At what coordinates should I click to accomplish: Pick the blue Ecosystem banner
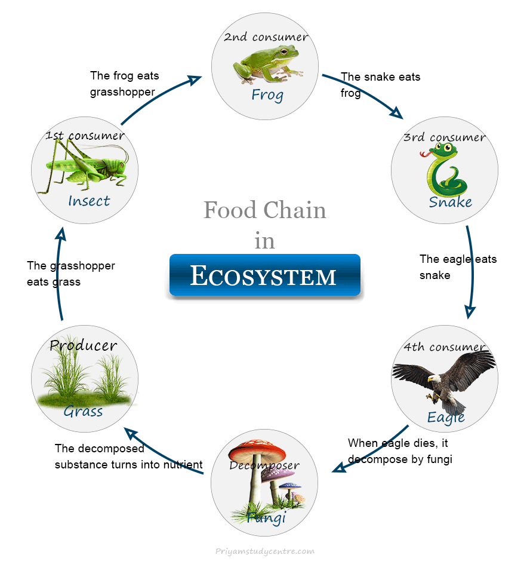point(264,275)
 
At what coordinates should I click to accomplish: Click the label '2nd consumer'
point(266,37)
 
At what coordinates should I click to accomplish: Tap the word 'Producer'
point(84,345)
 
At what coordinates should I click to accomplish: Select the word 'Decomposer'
point(264,465)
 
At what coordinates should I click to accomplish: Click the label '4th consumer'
point(445,347)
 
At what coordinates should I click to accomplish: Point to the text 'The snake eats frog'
point(380,85)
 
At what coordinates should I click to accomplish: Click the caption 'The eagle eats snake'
point(458,267)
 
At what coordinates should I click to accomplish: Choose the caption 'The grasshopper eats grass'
point(70,274)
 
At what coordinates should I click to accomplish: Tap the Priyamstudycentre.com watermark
point(264,551)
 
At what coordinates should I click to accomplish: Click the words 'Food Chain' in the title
point(264,210)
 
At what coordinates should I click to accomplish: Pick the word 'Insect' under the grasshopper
point(89,201)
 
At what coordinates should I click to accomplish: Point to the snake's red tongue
point(424,154)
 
